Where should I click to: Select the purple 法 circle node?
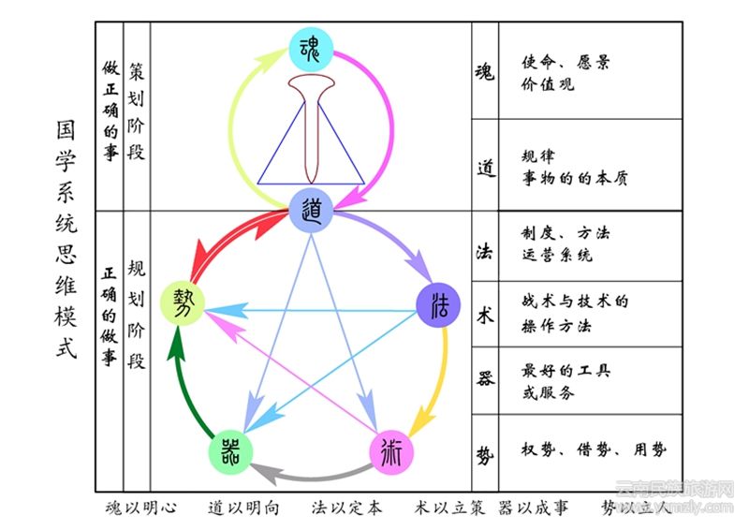click(x=437, y=305)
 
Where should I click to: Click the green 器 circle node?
click(x=230, y=452)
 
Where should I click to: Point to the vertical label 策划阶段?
click(x=137, y=112)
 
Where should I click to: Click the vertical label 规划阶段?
click(x=137, y=314)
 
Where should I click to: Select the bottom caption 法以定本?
click(x=347, y=508)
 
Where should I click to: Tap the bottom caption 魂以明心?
click(x=141, y=508)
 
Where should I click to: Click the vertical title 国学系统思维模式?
click(x=66, y=245)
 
